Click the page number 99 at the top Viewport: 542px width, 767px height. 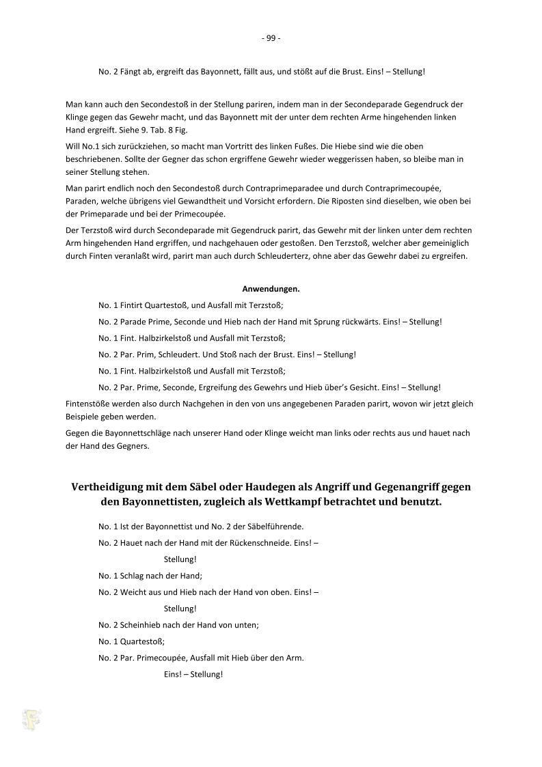click(x=271, y=38)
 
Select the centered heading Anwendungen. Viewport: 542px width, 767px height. click(x=271, y=288)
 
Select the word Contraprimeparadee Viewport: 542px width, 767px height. click(x=293, y=187)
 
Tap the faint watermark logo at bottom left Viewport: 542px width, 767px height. click(x=31, y=719)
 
